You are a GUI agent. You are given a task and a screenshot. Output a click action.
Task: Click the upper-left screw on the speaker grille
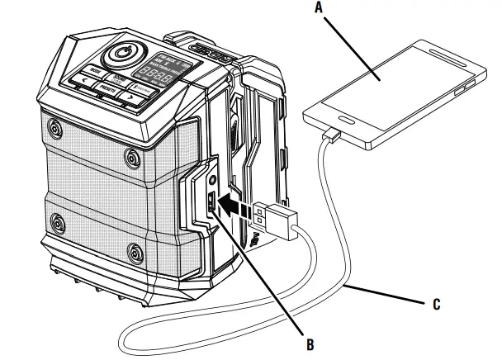(54, 130)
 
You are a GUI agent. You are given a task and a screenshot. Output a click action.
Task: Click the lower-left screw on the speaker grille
(57, 222)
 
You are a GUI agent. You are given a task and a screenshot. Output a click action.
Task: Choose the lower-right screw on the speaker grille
(134, 251)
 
